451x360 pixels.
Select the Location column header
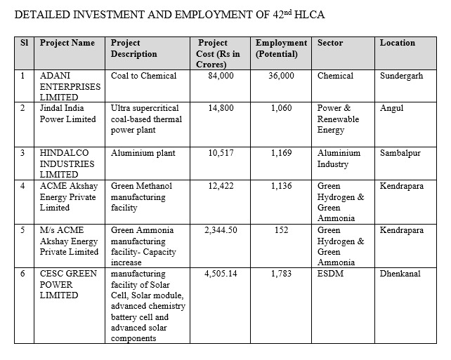point(397,43)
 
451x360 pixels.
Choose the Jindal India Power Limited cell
point(68,114)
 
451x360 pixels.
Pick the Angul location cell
point(391,109)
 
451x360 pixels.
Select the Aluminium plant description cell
point(143,152)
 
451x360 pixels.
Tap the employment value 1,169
point(281,152)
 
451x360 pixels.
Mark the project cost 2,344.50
point(220,229)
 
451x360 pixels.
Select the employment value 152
point(281,229)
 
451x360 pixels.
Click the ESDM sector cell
point(330,273)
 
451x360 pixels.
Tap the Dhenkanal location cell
point(400,273)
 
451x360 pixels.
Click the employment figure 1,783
point(281,273)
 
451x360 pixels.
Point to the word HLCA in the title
point(293,14)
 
